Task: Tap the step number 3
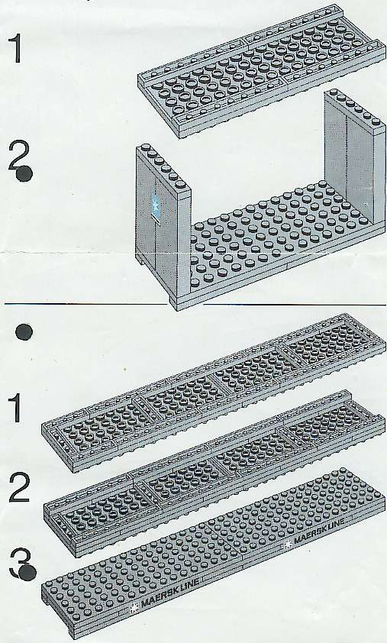click(x=18, y=563)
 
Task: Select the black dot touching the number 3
click(x=27, y=572)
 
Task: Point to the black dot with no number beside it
click(x=24, y=332)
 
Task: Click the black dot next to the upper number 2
click(x=24, y=173)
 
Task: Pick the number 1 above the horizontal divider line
click(x=15, y=49)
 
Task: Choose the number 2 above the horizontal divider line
click(x=19, y=157)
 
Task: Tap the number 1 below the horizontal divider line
click(x=15, y=409)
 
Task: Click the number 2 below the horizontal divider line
click(x=20, y=487)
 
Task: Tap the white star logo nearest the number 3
click(x=134, y=607)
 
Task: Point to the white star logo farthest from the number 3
click(x=289, y=544)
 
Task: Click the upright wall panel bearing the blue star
click(x=163, y=221)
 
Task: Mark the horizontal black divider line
click(x=195, y=305)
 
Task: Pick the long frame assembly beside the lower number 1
click(x=213, y=392)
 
